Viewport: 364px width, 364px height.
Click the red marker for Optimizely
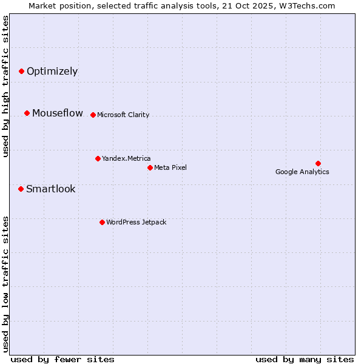coord(21,71)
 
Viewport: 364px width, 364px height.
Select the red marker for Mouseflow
coord(27,113)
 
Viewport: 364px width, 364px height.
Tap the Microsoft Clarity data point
coord(93,115)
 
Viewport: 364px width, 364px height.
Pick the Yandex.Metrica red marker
coord(98,158)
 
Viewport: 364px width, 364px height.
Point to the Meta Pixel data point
coord(150,167)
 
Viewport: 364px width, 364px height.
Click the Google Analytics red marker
coord(318,163)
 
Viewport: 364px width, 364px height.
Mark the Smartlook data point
coord(21,189)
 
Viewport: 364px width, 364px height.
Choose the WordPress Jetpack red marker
coord(102,222)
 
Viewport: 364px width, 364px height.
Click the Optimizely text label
coord(52,71)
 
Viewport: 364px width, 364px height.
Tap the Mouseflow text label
coord(58,113)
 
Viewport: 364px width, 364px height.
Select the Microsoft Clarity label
coord(123,115)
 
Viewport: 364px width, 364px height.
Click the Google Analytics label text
coord(302,172)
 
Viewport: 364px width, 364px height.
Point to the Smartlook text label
coord(51,189)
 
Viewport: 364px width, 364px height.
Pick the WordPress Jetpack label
coord(136,222)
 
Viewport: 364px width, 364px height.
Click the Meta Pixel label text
coord(170,167)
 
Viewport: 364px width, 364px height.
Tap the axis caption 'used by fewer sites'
coord(62,359)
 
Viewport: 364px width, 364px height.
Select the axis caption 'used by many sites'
coord(305,359)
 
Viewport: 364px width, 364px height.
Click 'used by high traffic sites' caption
coord(6,86)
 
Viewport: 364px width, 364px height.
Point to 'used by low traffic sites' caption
coord(6,284)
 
